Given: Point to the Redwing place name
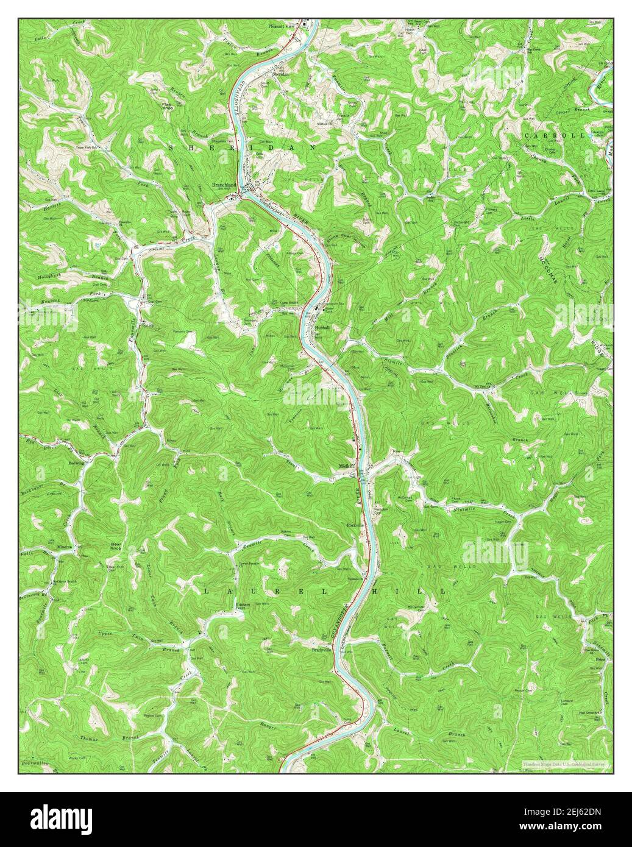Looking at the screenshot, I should [x=76, y=463].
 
